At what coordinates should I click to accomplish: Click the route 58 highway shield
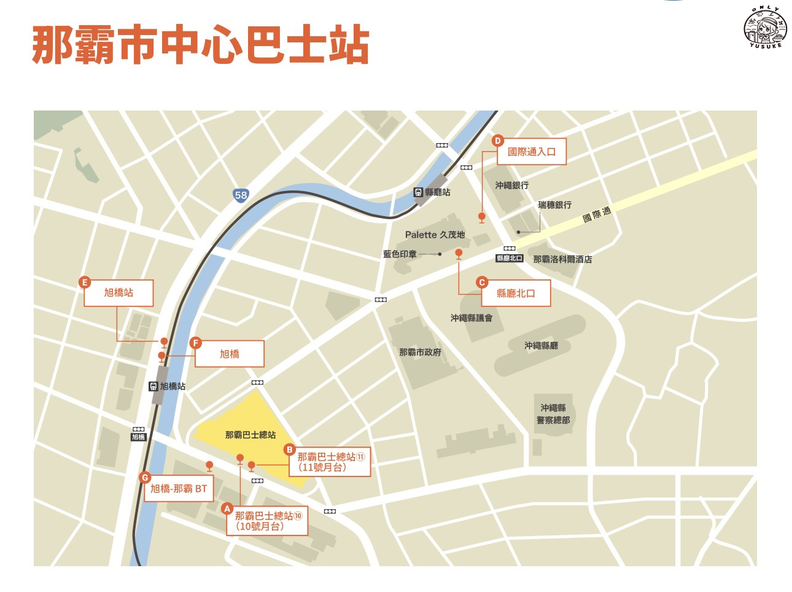coord(241,195)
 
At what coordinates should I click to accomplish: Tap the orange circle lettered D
coord(498,141)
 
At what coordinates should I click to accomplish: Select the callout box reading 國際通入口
coord(532,152)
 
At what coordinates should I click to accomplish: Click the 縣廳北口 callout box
coord(516,294)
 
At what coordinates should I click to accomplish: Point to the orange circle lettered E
coord(85,282)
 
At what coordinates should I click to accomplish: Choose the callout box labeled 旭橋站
coord(118,293)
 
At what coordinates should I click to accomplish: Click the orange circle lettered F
coord(196,343)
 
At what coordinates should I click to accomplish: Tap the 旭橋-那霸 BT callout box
coord(179,489)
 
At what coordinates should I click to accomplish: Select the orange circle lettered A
coord(227,508)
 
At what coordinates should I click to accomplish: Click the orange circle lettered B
coord(290,450)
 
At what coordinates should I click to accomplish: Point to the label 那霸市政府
coord(420,352)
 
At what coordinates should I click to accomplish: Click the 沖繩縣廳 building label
coord(541,346)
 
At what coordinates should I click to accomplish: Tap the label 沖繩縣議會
coord(471,317)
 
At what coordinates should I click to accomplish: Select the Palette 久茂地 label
coord(435,235)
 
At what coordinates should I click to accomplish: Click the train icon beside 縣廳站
coord(418,192)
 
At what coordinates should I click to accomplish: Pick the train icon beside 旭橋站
coord(153,386)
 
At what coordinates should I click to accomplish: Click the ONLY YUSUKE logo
coord(765,28)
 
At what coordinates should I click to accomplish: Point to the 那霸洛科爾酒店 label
coord(562,259)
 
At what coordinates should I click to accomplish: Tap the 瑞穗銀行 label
coord(554,204)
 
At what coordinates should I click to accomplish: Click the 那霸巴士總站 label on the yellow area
coord(250,435)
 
